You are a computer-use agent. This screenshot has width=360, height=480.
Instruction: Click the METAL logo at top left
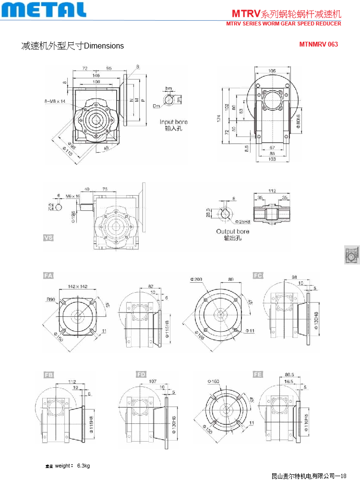coord(44,10)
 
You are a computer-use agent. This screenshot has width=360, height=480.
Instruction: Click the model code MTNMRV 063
coord(318,44)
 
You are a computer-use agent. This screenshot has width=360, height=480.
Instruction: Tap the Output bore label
coord(233,231)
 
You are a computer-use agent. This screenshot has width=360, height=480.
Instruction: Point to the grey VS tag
coord(48,238)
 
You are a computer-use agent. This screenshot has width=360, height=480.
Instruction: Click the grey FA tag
coord(48,275)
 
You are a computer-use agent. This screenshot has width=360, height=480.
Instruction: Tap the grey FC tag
coord(258,275)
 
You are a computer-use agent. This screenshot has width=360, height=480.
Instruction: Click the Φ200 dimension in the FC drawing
coord(196,279)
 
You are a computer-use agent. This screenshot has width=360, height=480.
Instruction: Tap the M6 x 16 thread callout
coord(73,196)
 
